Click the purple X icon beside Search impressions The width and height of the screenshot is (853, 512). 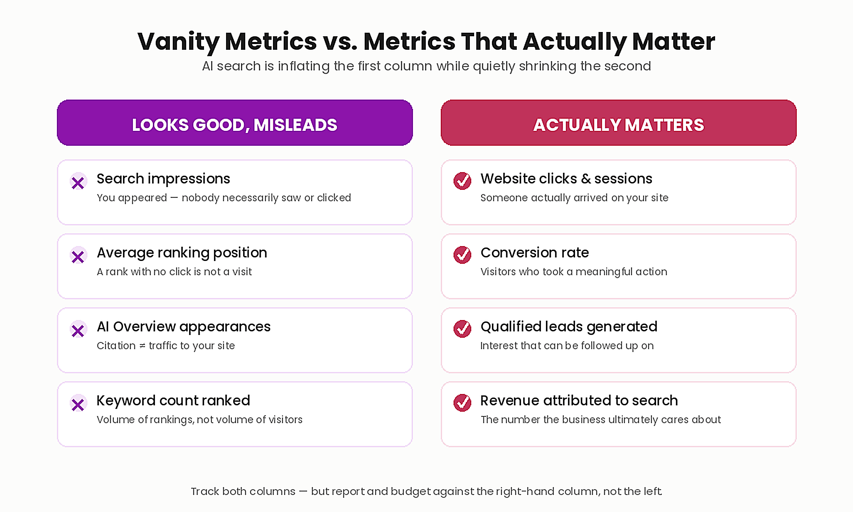[78, 182]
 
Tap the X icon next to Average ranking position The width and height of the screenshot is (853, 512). [78, 256]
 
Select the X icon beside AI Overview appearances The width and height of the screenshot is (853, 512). [78, 330]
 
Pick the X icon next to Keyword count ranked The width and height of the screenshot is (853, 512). [78, 404]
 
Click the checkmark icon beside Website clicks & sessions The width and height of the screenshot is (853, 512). [462, 181]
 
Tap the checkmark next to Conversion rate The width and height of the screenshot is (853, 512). [462, 255]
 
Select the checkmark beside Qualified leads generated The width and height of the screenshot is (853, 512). [462, 329]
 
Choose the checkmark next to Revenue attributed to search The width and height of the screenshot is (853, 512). [462, 403]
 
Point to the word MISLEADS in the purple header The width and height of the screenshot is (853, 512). [295, 125]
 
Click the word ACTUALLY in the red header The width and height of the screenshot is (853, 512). [577, 125]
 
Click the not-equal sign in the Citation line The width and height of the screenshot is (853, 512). [142, 346]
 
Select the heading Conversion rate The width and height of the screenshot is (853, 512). [535, 252]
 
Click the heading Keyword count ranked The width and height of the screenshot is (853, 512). [173, 400]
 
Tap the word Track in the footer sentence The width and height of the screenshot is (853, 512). [205, 491]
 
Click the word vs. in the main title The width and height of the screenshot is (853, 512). [340, 42]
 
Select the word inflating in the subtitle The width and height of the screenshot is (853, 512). [304, 66]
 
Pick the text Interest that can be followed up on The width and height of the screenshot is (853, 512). [567, 346]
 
